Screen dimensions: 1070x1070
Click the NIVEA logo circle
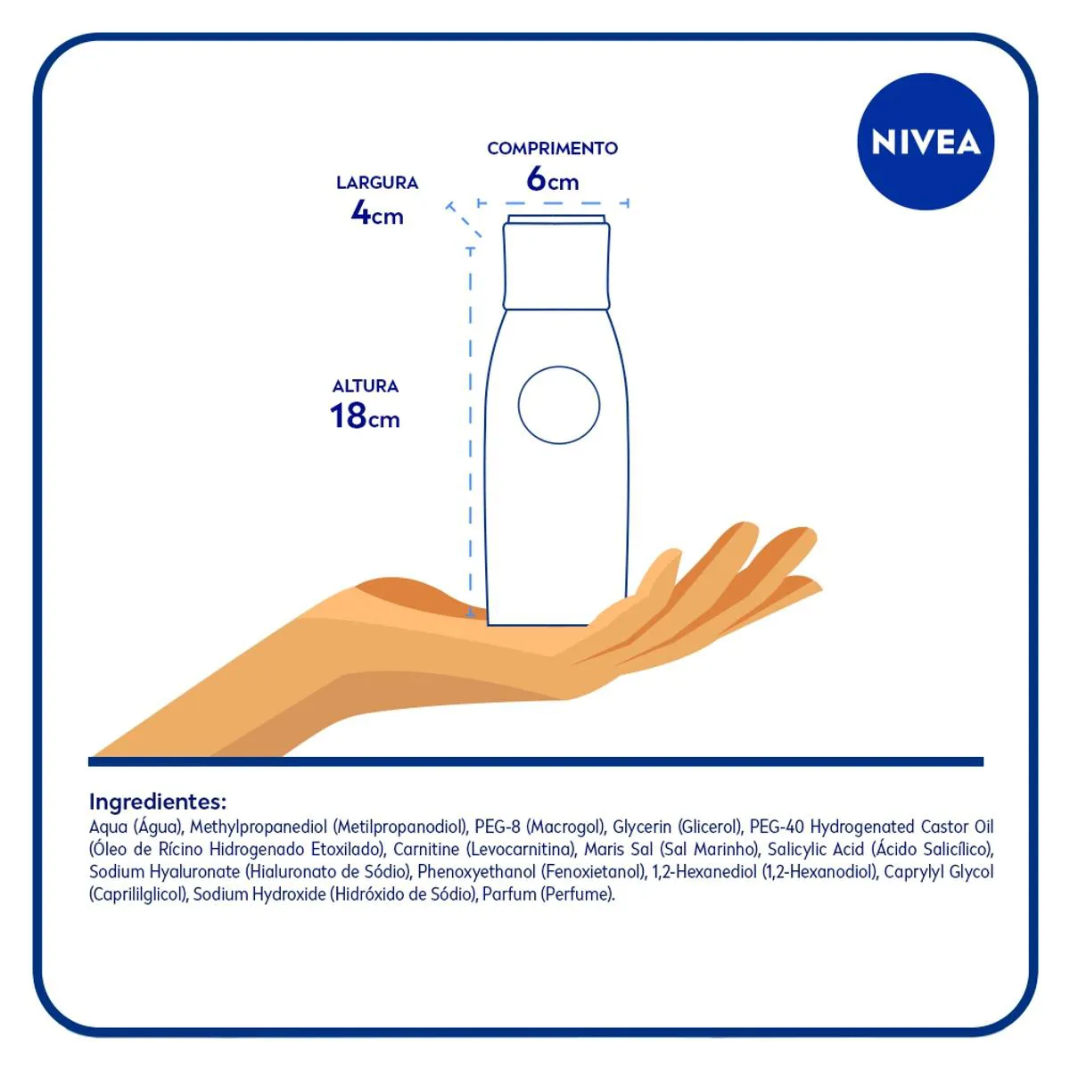click(x=926, y=142)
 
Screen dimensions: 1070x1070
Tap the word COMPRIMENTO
click(x=553, y=148)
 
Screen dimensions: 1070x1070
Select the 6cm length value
click(x=553, y=179)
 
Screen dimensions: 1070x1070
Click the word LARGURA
click(x=377, y=183)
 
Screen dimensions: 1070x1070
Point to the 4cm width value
click(x=377, y=214)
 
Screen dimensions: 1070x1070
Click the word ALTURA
click(x=366, y=386)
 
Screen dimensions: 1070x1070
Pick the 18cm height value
click(x=365, y=416)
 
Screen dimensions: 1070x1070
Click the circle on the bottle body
click(x=558, y=405)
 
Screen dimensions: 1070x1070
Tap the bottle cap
click(x=556, y=262)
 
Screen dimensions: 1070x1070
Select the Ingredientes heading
click(x=158, y=802)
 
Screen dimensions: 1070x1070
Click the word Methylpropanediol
click(x=259, y=827)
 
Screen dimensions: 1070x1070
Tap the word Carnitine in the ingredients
click(x=426, y=850)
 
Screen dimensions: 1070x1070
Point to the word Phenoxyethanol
click(x=476, y=872)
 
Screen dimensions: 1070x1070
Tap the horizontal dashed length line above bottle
click(x=553, y=204)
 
